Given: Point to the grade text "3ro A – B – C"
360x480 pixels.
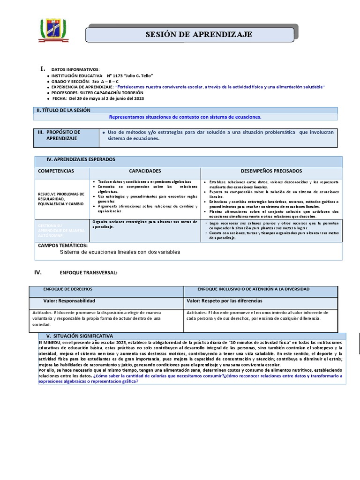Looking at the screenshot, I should coord(105,82).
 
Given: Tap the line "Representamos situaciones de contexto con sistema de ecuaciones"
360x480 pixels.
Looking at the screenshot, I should coord(185,117).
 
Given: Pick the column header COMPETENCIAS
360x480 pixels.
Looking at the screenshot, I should coord(56,171).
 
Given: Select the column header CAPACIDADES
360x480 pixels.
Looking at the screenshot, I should coord(145,171).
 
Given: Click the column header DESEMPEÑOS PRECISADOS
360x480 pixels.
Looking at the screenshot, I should coord(271,171).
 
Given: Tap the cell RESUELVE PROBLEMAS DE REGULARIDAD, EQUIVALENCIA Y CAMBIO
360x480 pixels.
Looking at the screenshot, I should coord(61,199).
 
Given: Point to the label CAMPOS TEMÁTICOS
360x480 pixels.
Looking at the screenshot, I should coord(62,246).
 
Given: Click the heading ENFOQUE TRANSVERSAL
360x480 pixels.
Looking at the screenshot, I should coord(89,273).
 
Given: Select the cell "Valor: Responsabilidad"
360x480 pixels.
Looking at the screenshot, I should coord(69,301).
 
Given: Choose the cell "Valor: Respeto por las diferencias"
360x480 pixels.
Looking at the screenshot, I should coord(225,301).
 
